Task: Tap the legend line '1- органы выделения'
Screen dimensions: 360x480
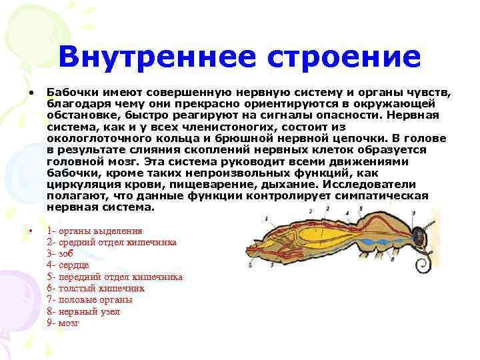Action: coord(95,231)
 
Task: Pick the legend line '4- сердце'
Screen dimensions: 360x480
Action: coord(70,265)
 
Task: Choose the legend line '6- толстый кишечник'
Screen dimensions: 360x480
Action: coord(96,288)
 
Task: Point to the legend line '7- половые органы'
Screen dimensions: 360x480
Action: coord(90,299)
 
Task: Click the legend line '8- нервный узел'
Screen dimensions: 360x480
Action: coord(84,311)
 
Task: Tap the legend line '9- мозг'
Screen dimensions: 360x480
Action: coord(63,323)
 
